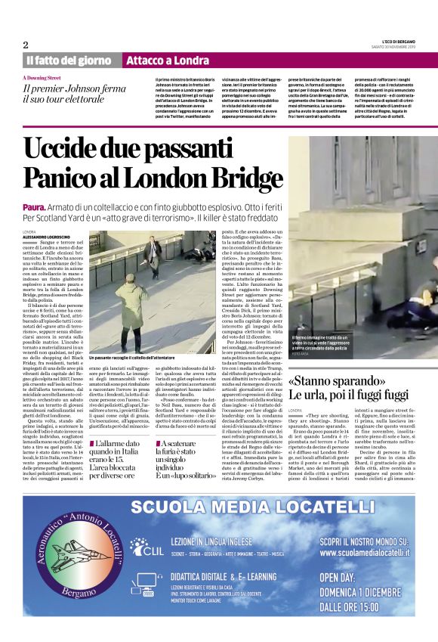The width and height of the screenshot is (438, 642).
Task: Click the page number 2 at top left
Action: click(26, 45)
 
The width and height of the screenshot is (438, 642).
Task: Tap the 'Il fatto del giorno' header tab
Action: click(69, 60)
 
